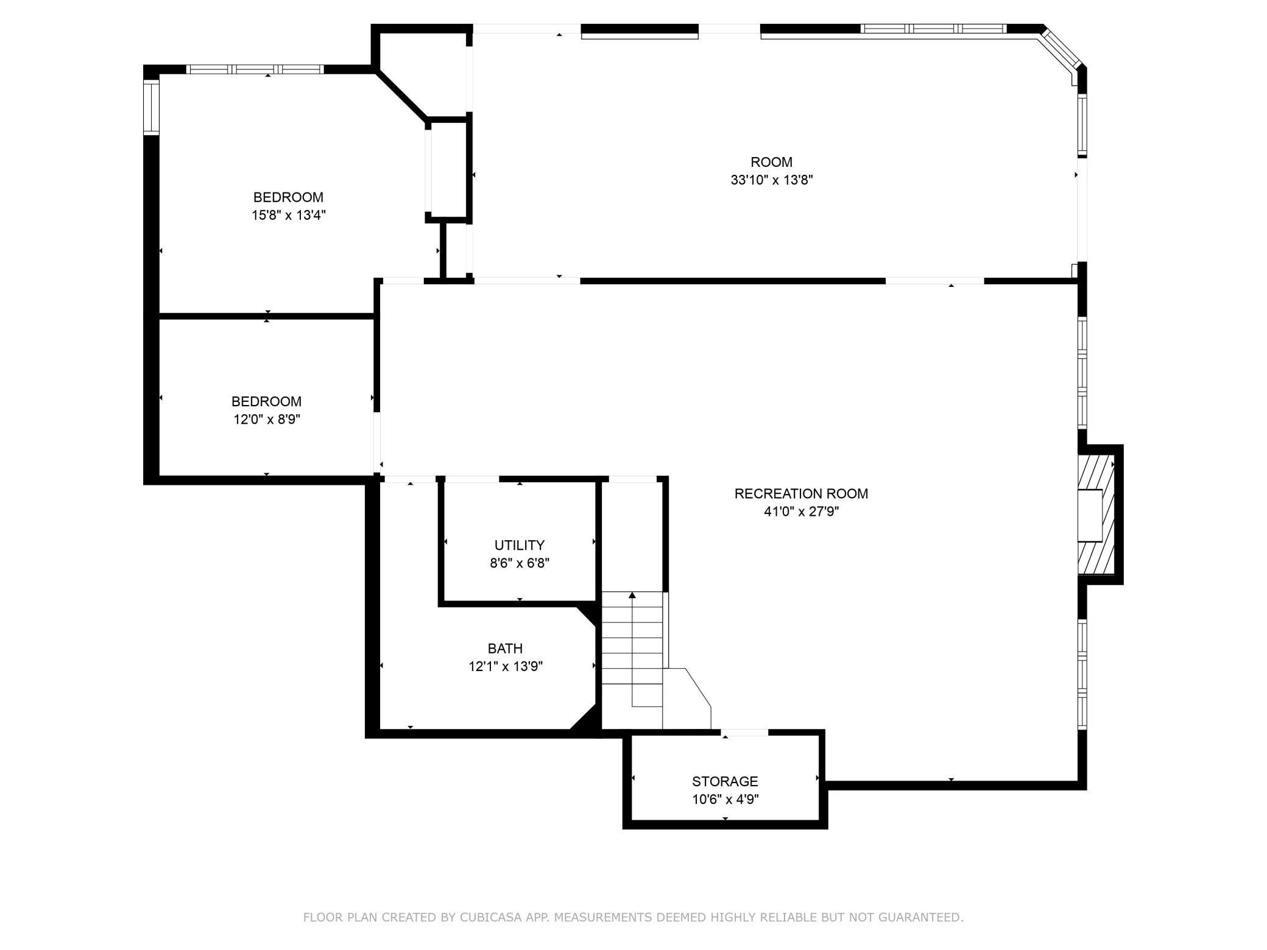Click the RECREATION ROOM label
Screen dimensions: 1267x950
(x=801, y=493)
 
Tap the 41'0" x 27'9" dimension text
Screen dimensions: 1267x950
(x=801, y=512)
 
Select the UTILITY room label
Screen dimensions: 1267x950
(x=520, y=545)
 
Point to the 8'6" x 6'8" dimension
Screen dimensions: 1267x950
(x=520, y=563)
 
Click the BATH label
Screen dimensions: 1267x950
(x=505, y=649)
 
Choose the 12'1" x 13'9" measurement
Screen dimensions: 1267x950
(x=505, y=667)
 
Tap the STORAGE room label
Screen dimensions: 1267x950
(x=725, y=781)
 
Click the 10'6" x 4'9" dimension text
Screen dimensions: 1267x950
(x=725, y=800)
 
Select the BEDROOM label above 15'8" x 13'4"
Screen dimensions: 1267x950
(x=288, y=197)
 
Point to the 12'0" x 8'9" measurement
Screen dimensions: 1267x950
(x=267, y=420)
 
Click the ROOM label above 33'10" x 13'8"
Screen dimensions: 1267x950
(x=772, y=162)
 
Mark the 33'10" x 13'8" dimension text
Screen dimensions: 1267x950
(x=772, y=180)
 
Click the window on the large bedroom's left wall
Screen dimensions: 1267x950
(x=150, y=108)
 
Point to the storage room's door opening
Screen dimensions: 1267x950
(x=744, y=733)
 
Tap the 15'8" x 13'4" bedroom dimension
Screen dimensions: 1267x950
(x=288, y=216)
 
